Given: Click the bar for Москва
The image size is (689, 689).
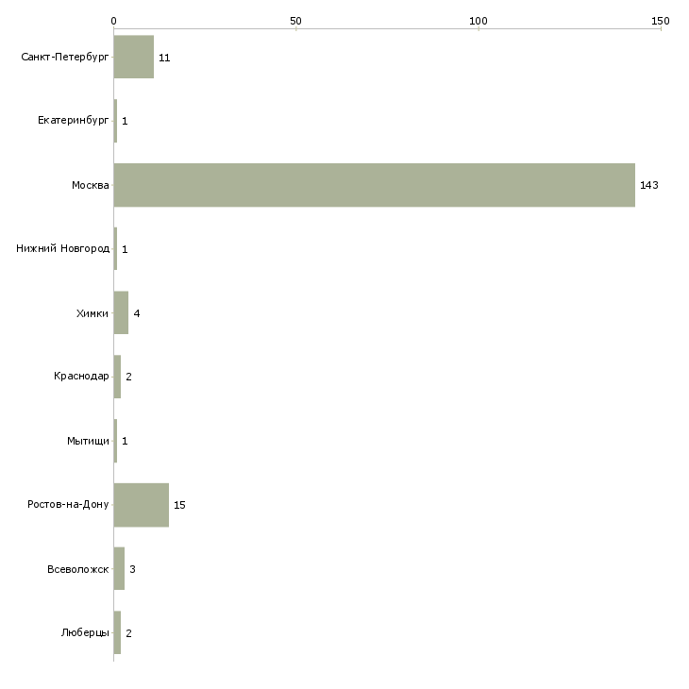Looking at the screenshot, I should click(x=374, y=185).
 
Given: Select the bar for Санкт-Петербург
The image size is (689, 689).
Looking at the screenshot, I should click(x=133, y=58).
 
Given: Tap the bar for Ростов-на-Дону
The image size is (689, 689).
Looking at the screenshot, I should click(x=141, y=505).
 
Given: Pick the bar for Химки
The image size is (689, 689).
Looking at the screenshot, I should click(x=121, y=313).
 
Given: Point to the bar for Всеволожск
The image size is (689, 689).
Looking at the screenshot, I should click(x=119, y=569).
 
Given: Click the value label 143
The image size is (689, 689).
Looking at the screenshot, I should click(x=648, y=185).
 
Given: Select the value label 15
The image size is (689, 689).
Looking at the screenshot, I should click(x=179, y=505).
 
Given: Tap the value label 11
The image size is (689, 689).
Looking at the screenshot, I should click(x=164, y=58).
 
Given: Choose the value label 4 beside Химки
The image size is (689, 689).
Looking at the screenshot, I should click(x=137, y=313).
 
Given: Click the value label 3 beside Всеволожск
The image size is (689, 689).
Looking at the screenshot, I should click(x=133, y=569).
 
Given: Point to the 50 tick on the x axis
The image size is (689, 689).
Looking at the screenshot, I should click(x=295, y=21).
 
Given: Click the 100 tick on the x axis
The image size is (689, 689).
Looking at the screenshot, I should click(x=479, y=21).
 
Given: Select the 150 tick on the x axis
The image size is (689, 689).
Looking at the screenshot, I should click(x=660, y=21).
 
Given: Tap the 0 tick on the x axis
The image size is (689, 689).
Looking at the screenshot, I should click(x=113, y=21).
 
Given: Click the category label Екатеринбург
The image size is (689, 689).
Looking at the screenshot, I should click(x=74, y=122).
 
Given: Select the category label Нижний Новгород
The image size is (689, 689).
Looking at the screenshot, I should click(x=63, y=249).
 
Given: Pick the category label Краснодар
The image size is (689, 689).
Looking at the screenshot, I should click(x=81, y=378).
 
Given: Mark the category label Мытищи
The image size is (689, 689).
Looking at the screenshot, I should click(x=88, y=442).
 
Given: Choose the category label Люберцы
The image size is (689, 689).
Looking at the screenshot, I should click(x=85, y=633).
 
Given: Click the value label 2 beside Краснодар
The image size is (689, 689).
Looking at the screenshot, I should click(x=128, y=378).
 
